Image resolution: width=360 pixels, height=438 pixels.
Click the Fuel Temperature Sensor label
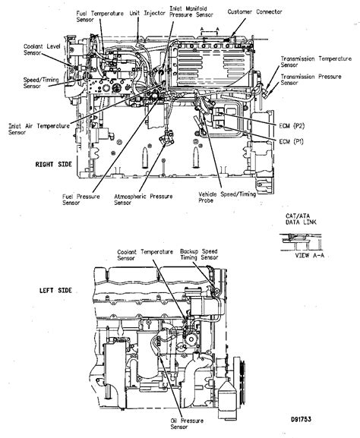pyautogui.click(x=99, y=17)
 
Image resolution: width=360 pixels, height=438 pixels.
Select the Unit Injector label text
pyautogui.click(x=147, y=13)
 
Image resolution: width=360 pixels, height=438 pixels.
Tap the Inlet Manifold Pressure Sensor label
pyautogui.click(x=191, y=11)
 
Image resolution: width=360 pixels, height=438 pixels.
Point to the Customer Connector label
pyautogui.click(x=254, y=11)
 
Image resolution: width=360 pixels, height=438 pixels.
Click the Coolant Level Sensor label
pyautogui.click(x=42, y=49)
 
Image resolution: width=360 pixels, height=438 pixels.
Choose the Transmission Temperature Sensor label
pyautogui.click(x=316, y=61)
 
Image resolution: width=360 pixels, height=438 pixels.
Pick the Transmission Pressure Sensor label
pyautogui.click(x=311, y=80)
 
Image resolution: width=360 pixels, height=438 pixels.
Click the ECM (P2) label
pyautogui.click(x=292, y=126)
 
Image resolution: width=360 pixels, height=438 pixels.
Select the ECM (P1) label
pyautogui.click(x=291, y=142)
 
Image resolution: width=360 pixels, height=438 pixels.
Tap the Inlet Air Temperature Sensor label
pyautogui.click(x=39, y=129)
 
